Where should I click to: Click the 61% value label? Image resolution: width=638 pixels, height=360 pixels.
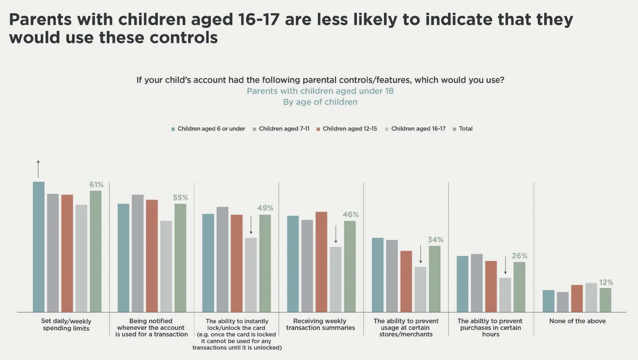(96, 184)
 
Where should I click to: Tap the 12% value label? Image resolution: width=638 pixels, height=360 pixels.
(606, 282)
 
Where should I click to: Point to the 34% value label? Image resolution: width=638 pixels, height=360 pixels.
(435, 240)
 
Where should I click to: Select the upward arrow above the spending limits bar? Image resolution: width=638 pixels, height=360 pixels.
(38, 169)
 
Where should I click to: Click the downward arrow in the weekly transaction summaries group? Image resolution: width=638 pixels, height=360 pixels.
(336, 234)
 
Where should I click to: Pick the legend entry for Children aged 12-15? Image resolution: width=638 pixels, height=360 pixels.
(347, 129)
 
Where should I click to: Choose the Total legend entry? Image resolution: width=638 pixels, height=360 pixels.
(463, 129)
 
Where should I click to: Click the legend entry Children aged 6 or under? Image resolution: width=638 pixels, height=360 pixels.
(208, 129)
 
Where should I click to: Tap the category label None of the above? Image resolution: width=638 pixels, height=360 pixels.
(577, 321)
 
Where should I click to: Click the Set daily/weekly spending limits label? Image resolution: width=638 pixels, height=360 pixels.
(66, 325)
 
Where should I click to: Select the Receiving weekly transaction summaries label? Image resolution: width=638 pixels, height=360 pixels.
(320, 324)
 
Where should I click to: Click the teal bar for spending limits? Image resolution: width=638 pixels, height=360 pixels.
(39, 247)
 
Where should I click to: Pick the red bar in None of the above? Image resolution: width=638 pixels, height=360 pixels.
(577, 299)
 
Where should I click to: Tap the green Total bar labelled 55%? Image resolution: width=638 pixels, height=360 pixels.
(180, 258)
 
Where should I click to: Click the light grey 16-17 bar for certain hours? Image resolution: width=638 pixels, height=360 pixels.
(505, 295)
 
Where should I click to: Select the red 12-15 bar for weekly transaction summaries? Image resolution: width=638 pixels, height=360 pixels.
(321, 262)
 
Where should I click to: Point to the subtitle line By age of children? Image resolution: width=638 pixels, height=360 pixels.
(320, 102)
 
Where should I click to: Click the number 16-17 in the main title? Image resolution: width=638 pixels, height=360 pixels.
(259, 19)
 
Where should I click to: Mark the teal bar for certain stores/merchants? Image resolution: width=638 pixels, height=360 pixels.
(378, 275)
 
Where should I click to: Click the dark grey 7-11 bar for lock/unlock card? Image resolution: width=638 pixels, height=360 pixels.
(223, 259)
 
